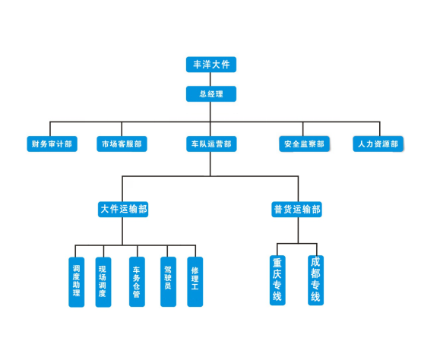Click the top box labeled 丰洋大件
pyautogui.click(x=211, y=65)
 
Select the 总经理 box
pyautogui.click(x=211, y=94)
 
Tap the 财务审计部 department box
pyautogui.click(x=52, y=144)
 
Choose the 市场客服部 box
pyautogui.click(x=122, y=144)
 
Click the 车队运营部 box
pyautogui.click(x=211, y=144)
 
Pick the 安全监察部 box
pyautogui.click(x=304, y=144)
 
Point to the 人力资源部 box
pyautogui.click(x=378, y=144)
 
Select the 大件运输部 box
pyautogui.click(x=123, y=209)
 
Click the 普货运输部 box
pyautogui.click(x=296, y=209)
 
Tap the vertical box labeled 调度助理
pyautogui.click(x=77, y=282)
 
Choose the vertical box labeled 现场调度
pyautogui.click(x=103, y=282)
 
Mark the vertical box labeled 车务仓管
pyautogui.click(x=137, y=282)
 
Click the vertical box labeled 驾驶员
pyautogui.click(x=169, y=282)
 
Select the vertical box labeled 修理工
pyautogui.click(x=195, y=282)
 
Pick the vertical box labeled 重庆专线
pyautogui.click(x=277, y=280)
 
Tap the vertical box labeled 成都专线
pyautogui.click(x=316, y=280)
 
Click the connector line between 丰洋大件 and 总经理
pyautogui.click(x=210, y=79)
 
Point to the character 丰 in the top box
pyautogui.click(x=198, y=65)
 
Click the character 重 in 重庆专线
pyautogui.click(x=277, y=263)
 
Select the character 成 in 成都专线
pyautogui.click(x=316, y=262)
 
